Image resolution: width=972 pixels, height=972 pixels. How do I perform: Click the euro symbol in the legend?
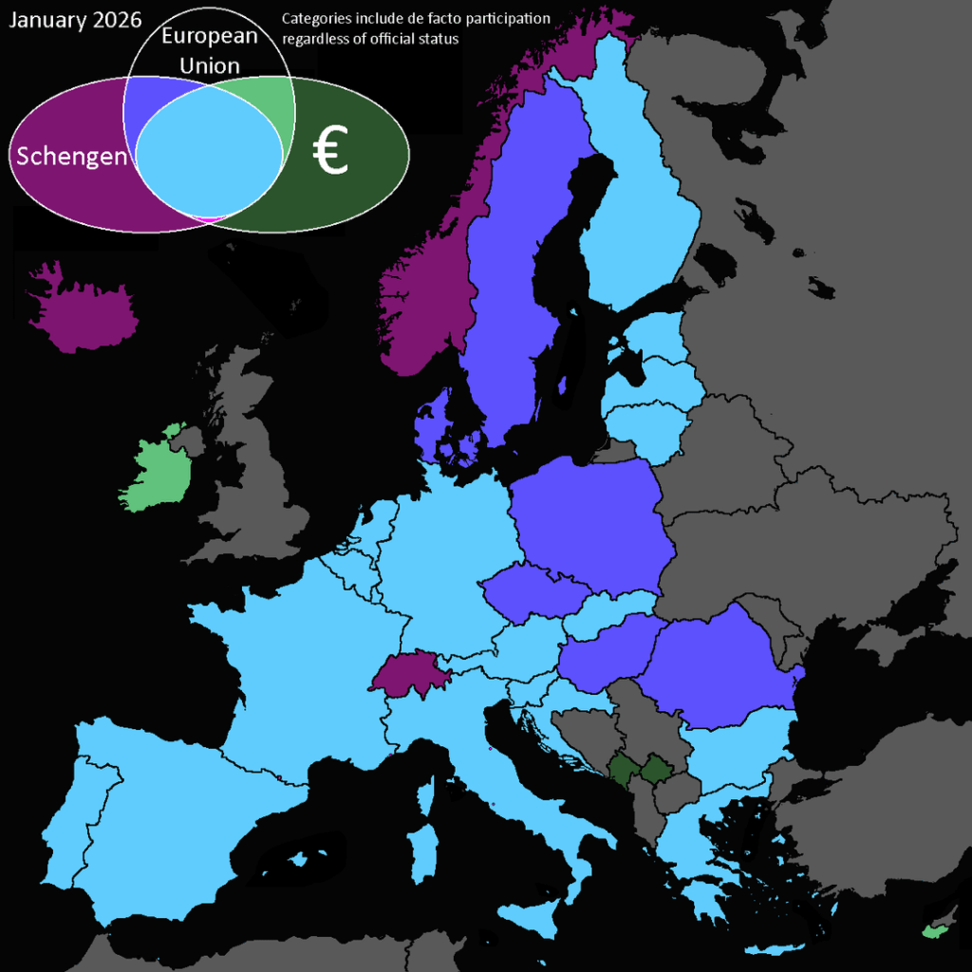point(331,155)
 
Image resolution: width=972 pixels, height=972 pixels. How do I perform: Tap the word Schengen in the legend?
point(71,157)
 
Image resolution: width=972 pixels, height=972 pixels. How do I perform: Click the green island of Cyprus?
point(935,931)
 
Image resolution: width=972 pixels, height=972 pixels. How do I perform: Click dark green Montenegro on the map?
point(623,768)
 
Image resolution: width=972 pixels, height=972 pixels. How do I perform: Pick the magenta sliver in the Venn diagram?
point(210,219)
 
